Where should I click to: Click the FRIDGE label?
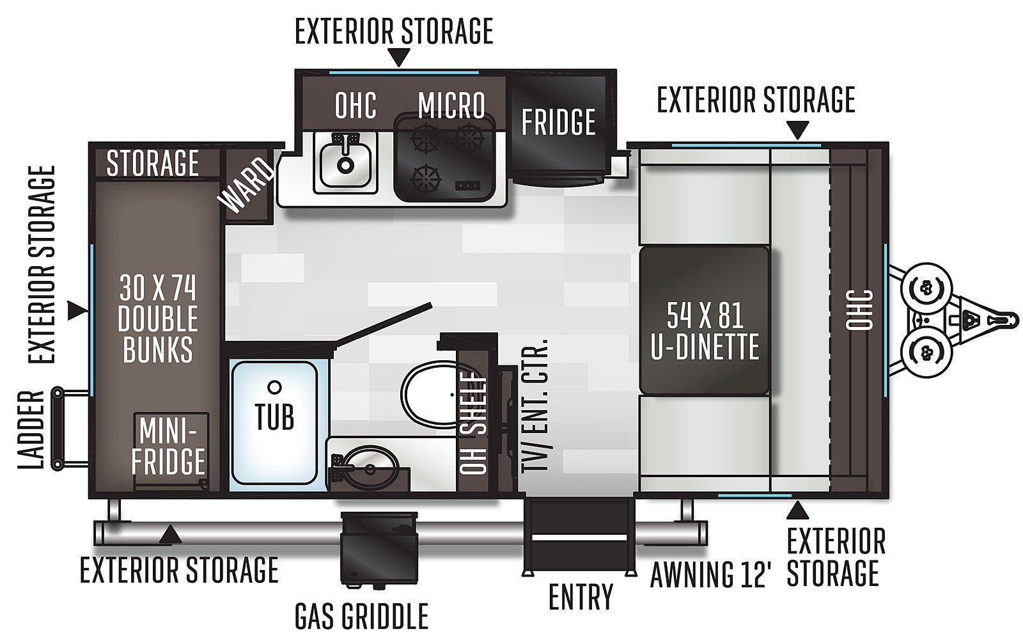(x=558, y=122)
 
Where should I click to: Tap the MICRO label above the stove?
(x=451, y=105)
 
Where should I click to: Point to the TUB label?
(x=274, y=416)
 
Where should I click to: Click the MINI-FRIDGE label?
(x=169, y=446)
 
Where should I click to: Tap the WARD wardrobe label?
(x=246, y=186)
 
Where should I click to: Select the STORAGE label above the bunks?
(x=153, y=163)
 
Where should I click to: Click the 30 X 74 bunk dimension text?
(x=157, y=289)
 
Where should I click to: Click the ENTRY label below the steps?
(x=581, y=597)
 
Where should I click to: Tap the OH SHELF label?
(x=474, y=423)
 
